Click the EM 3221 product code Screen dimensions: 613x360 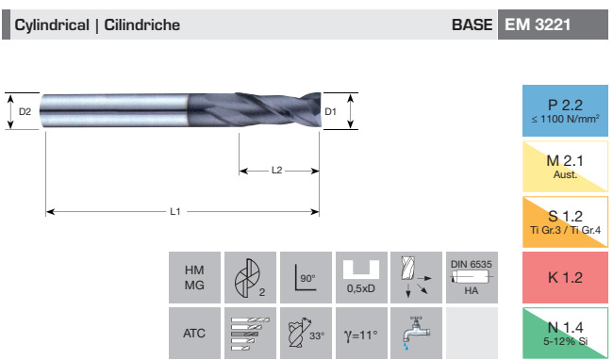click(538, 25)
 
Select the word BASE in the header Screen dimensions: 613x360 click(472, 25)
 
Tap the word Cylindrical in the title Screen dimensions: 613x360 click(52, 25)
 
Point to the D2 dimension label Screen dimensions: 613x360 click(25, 111)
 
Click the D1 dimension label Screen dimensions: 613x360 click(330, 111)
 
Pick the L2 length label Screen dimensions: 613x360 click(276, 171)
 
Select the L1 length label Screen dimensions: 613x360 click(175, 212)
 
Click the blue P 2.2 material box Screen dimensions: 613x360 click(565, 110)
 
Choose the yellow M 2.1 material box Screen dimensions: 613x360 click(565, 166)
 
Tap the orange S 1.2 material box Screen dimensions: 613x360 click(565, 221)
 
